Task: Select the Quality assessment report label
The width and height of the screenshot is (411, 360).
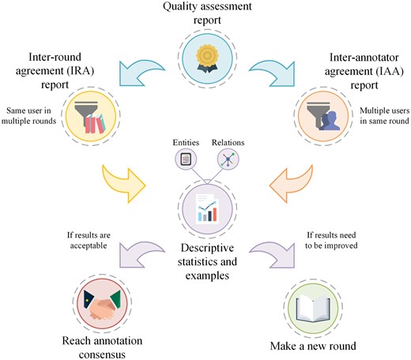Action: [x=205, y=16]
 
